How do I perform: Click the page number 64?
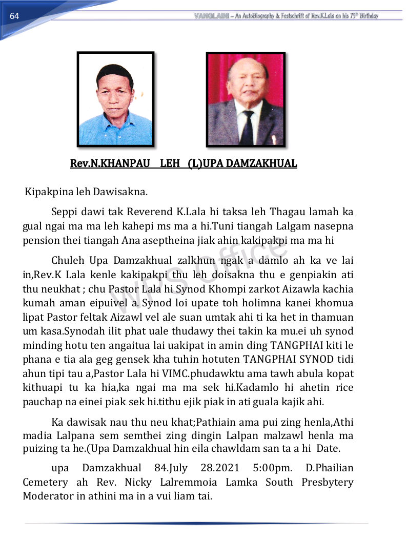click(x=14, y=16)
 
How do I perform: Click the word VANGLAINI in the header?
click(x=212, y=16)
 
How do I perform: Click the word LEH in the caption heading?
click(x=170, y=164)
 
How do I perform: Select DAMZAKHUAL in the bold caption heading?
click(x=261, y=164)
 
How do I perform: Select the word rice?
click(x=343, y=388)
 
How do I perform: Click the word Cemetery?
click(x=45, y=482)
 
